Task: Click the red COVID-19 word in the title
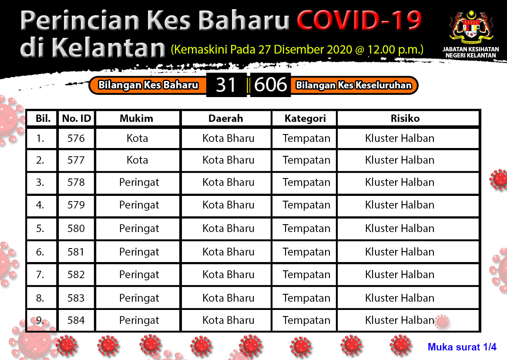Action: [x=359, y=20]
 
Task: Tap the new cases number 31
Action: [x=226, y=85]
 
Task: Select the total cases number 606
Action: [x=270, y=85]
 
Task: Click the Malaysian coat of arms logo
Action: [x=471, y=27]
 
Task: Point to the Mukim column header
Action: [x=137, y=118]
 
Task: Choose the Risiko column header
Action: [x=405, y=118]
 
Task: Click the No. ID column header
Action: [x=77, y=118]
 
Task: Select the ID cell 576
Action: [x=76, y=138]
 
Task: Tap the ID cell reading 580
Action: [x=76, y=229]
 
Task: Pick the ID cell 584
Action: [x=76, y=320]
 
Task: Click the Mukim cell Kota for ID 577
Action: [x=138, y=160]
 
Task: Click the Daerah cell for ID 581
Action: [x=228, y=252]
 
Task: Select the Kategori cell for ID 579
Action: [x=306, y=205]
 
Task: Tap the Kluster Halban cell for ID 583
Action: [x=400, y=298]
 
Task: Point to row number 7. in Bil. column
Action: [x=40, y=275]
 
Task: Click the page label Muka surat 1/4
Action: [x=462, y=347]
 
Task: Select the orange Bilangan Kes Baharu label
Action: [x=148, y=85]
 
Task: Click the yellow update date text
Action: [x=297, y=50]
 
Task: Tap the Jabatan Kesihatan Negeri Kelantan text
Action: [x=471, y=52]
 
